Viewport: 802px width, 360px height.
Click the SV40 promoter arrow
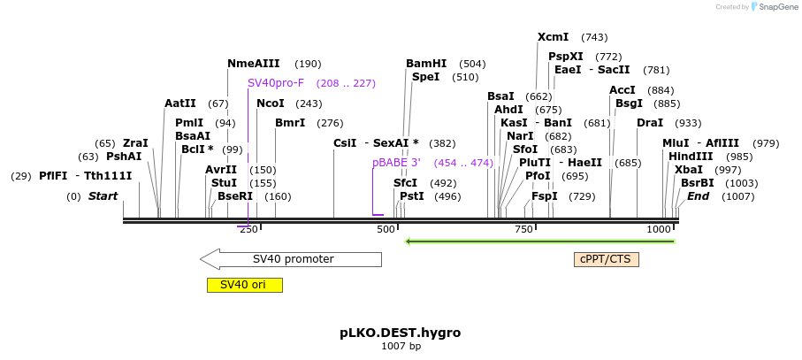[x=292, y=259]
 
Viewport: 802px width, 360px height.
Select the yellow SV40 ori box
[x=244, y=285]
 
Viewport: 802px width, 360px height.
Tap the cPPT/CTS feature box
[x=606, y=259]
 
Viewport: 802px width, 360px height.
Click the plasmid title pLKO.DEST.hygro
[x=401, y=333]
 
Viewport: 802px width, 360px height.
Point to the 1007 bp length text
[x=401, y=347]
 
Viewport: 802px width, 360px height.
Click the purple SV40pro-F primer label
[x=276, y=83]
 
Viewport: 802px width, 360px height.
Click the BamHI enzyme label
[x=426, y=64]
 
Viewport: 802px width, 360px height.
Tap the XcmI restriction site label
[x=554, y=37]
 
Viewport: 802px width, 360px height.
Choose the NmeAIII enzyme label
[x=254, y=64]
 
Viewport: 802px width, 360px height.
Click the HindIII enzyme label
[x=691, y=157]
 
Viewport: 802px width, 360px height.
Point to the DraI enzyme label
[x=650, y=123]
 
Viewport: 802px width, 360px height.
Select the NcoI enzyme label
[x=271, y=103]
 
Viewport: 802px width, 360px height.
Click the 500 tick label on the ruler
[x=386, y=230]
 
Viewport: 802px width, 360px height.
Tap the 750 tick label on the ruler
[x=524, y=230]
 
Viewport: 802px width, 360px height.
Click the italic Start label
[x=103, y=196]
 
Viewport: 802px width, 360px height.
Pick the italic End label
[x=699, y=196]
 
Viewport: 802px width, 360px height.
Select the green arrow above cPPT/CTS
[x=539, y=241]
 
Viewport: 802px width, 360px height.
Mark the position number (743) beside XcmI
[x=594, y=37]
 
